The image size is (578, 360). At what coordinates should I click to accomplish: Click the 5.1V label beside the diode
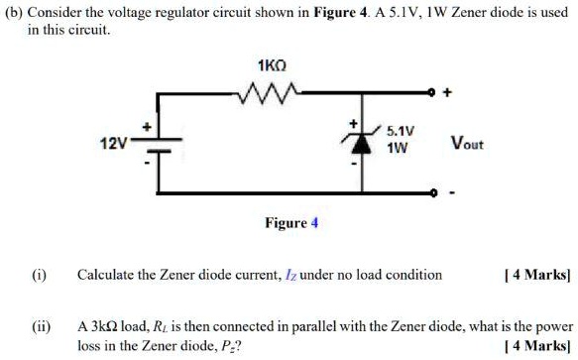400,131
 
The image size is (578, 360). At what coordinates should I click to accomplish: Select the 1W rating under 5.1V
398,148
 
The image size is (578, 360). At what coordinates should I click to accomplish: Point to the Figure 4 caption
290,223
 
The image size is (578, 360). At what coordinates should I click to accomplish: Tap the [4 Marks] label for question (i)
537,275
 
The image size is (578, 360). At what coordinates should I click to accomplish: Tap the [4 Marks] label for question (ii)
537,346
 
